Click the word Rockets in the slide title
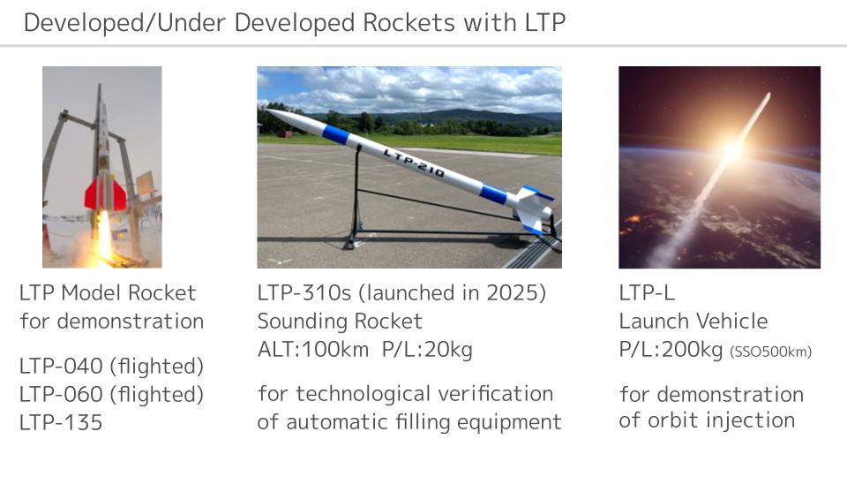pos(409,23)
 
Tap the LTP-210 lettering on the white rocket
pos(414,163)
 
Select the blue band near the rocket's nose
pos(335,134)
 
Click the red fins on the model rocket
pos(105,194)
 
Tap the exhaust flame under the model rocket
pos(104,237)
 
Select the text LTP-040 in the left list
pos(61,366)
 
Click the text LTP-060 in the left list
pos(61,394)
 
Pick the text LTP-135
pos(61,422)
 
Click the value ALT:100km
pos(313,350)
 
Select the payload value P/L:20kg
pos(427,350)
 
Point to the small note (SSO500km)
pos(771,352)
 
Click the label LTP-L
pos(647,293)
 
